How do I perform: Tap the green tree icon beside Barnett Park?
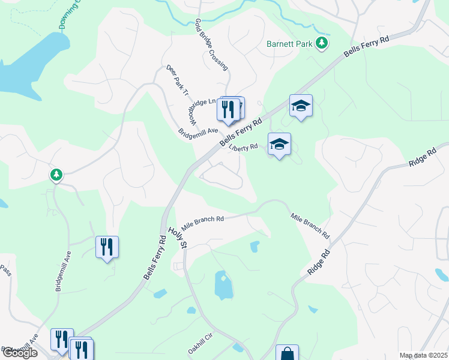(322, 42)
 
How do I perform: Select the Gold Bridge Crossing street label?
(211, 44)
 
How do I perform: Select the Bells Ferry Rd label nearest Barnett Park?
(367, 45)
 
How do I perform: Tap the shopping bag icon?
(287, 354)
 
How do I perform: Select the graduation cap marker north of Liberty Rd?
(301, 106)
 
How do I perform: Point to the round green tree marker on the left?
(56, 175)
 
